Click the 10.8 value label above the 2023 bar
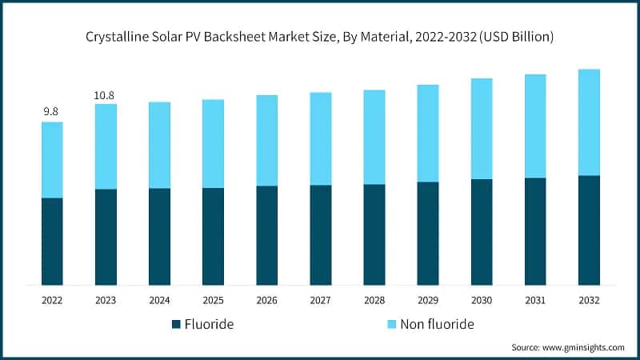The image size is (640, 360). tap(105, 95)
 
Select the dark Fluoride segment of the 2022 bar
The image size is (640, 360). tap(52, 241)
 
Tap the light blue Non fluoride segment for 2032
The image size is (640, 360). tap(589, 122)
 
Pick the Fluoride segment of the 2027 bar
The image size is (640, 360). tap(321, 234)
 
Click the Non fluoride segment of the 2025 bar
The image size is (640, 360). tap(213, 144)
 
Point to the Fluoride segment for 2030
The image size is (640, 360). tap(482, 232)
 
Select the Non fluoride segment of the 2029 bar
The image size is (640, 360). tap(428, 133)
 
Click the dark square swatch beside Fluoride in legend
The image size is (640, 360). tap(176, 325)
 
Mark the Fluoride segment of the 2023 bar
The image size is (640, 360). tap(106, 237)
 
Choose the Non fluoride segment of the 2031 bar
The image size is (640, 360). tap(535, 126)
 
